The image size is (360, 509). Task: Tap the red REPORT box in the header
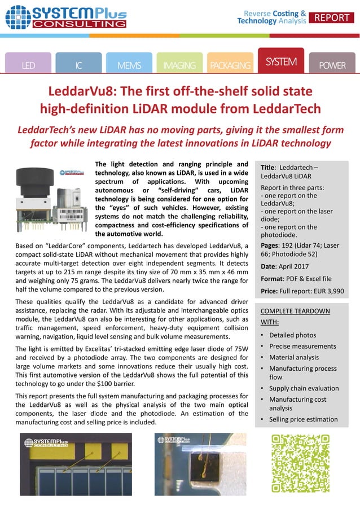click(332, 17)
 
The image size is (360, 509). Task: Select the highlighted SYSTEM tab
click(280, 62)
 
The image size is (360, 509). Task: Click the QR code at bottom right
click(292, 463)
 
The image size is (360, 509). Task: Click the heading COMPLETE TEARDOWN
click(295, 311)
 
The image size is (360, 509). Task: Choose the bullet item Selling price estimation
click(303, 419)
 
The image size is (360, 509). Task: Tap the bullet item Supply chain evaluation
click(304, 388)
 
